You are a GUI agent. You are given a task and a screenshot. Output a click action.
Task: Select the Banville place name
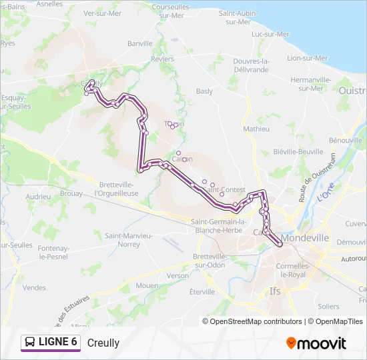point(140,43)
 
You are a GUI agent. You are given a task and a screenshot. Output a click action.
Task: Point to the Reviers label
point(162,59)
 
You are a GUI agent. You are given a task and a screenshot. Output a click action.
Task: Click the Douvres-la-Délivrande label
point(251,65)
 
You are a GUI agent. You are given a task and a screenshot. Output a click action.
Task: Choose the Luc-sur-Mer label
point(270,34)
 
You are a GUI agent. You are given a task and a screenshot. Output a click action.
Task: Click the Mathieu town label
point(256,129)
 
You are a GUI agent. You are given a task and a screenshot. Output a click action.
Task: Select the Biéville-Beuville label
point(298,152)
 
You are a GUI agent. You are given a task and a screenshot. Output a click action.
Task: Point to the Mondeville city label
point(306,237)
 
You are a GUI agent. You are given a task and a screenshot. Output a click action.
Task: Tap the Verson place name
point(178,275)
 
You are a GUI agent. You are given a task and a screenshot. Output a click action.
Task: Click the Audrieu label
point(38,197)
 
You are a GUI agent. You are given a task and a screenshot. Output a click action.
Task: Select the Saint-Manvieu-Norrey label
point(129,240)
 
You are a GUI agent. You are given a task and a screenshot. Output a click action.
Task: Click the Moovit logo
point(316,343)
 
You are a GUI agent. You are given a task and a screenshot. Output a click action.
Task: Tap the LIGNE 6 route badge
point(51,342)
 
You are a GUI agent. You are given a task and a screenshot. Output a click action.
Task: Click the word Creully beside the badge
point(103,343)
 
